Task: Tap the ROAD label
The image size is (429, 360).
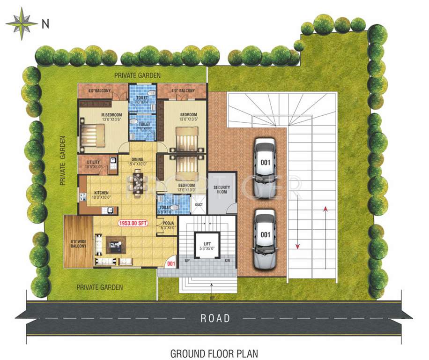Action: click(x=215, y=318)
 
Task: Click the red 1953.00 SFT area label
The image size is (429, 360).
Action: click(x=133, y=224)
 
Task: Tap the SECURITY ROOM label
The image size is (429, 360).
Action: click(x=222, y=189)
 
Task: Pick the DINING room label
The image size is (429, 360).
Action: click(x=137, y=159)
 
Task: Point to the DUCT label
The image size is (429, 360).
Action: click(x=199, y=205)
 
